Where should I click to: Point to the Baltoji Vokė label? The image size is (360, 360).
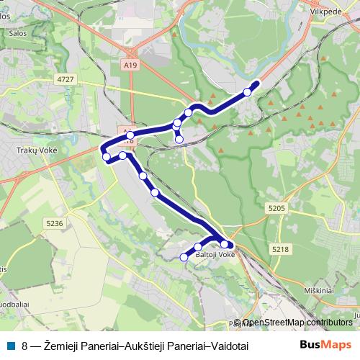(x=215, y=255)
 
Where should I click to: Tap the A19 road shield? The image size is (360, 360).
(x=130, y=65)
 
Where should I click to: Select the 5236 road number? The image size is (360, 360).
(x=55, y=224)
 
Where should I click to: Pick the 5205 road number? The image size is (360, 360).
(x=276, y=208)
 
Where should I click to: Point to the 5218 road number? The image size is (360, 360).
(x=280, y=248)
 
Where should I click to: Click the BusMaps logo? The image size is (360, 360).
(x=325, y=345)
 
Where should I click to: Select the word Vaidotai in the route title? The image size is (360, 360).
(x=227, y=346)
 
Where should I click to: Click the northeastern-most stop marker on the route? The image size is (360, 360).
(x=247, y=91)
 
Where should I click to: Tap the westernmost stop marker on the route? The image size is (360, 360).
(x=106, y=156)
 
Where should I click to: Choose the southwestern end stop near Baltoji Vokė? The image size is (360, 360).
(x=183, y=256)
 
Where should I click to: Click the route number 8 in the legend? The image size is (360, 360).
(x=25, y=346)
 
